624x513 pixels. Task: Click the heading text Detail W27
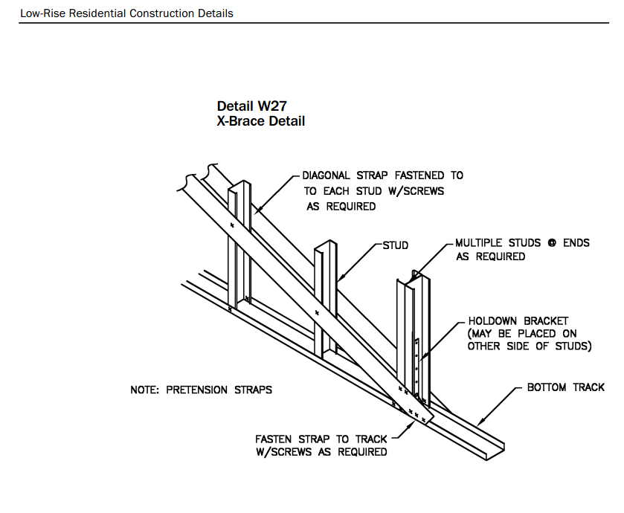pos(251,106)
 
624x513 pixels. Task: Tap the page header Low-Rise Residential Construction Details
pos(126,13)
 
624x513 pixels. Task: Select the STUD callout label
pos(396,245)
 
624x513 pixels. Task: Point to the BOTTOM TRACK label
pos(565,387)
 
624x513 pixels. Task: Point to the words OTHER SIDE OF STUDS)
pos(529,346)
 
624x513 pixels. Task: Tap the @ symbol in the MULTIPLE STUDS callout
pos(552,243)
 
